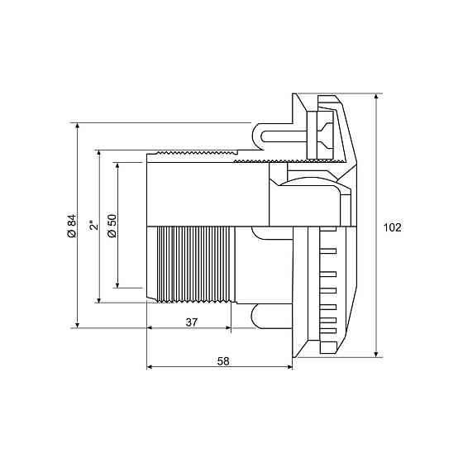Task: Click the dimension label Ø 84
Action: pyautogui.click(x=72, y=226)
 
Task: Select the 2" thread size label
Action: pyautogui.click(x=93, y=225)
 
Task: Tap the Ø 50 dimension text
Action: pyautogui.click(x=112, y=226)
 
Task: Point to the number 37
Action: pyautogui.click(x=191, y=322)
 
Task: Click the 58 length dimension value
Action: pyautogui.click(x=223, y=361)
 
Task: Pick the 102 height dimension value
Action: pyautogui.click(x=393, y=227)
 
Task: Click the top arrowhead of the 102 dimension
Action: pyautogui.click(x=376, y=97)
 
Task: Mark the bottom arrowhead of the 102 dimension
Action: pyautogui.click(x=376, y=355)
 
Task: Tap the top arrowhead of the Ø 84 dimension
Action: pyautogui.click(x=78, y=126)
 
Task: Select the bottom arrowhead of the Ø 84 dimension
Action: pyautogui.click(x=78, y=325)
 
